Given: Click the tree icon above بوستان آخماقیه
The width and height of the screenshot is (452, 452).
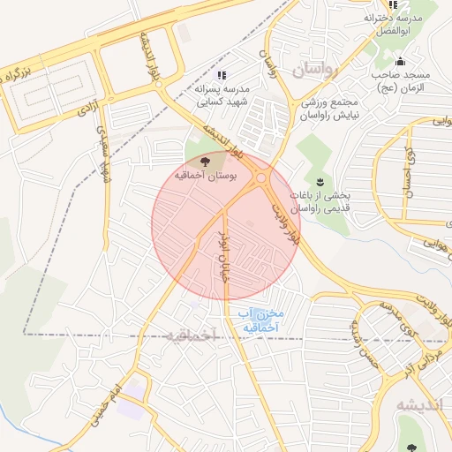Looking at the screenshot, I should [x=206, y=162].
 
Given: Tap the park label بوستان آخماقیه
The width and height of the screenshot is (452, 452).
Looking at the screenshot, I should [x=203, y=177].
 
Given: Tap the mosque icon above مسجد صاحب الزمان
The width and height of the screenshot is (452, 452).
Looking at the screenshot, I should [x=401, y=62].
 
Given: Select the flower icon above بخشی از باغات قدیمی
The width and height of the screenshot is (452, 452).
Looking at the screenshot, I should [x=320, y=180].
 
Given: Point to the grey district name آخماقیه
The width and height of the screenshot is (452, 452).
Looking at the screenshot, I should [x=191, y=335].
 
